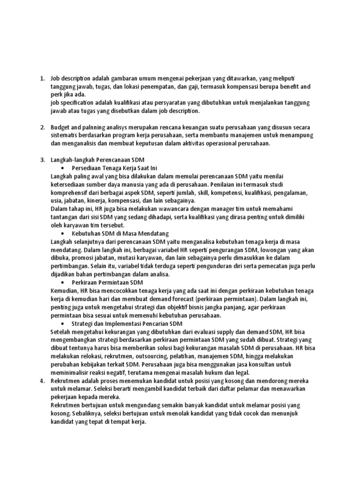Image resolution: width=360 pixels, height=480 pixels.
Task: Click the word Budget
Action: click(x=60, y=127)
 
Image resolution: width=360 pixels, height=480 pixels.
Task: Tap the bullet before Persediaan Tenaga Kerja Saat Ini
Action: click(x=63, y=168)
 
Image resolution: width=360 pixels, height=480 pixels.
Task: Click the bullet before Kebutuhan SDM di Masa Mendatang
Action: click(x=63, y=233)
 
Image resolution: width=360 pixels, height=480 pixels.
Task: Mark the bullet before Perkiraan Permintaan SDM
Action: click(x=63, y=283)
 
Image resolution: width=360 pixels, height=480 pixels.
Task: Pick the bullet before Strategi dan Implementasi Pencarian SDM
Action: click(x=63, y=323)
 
